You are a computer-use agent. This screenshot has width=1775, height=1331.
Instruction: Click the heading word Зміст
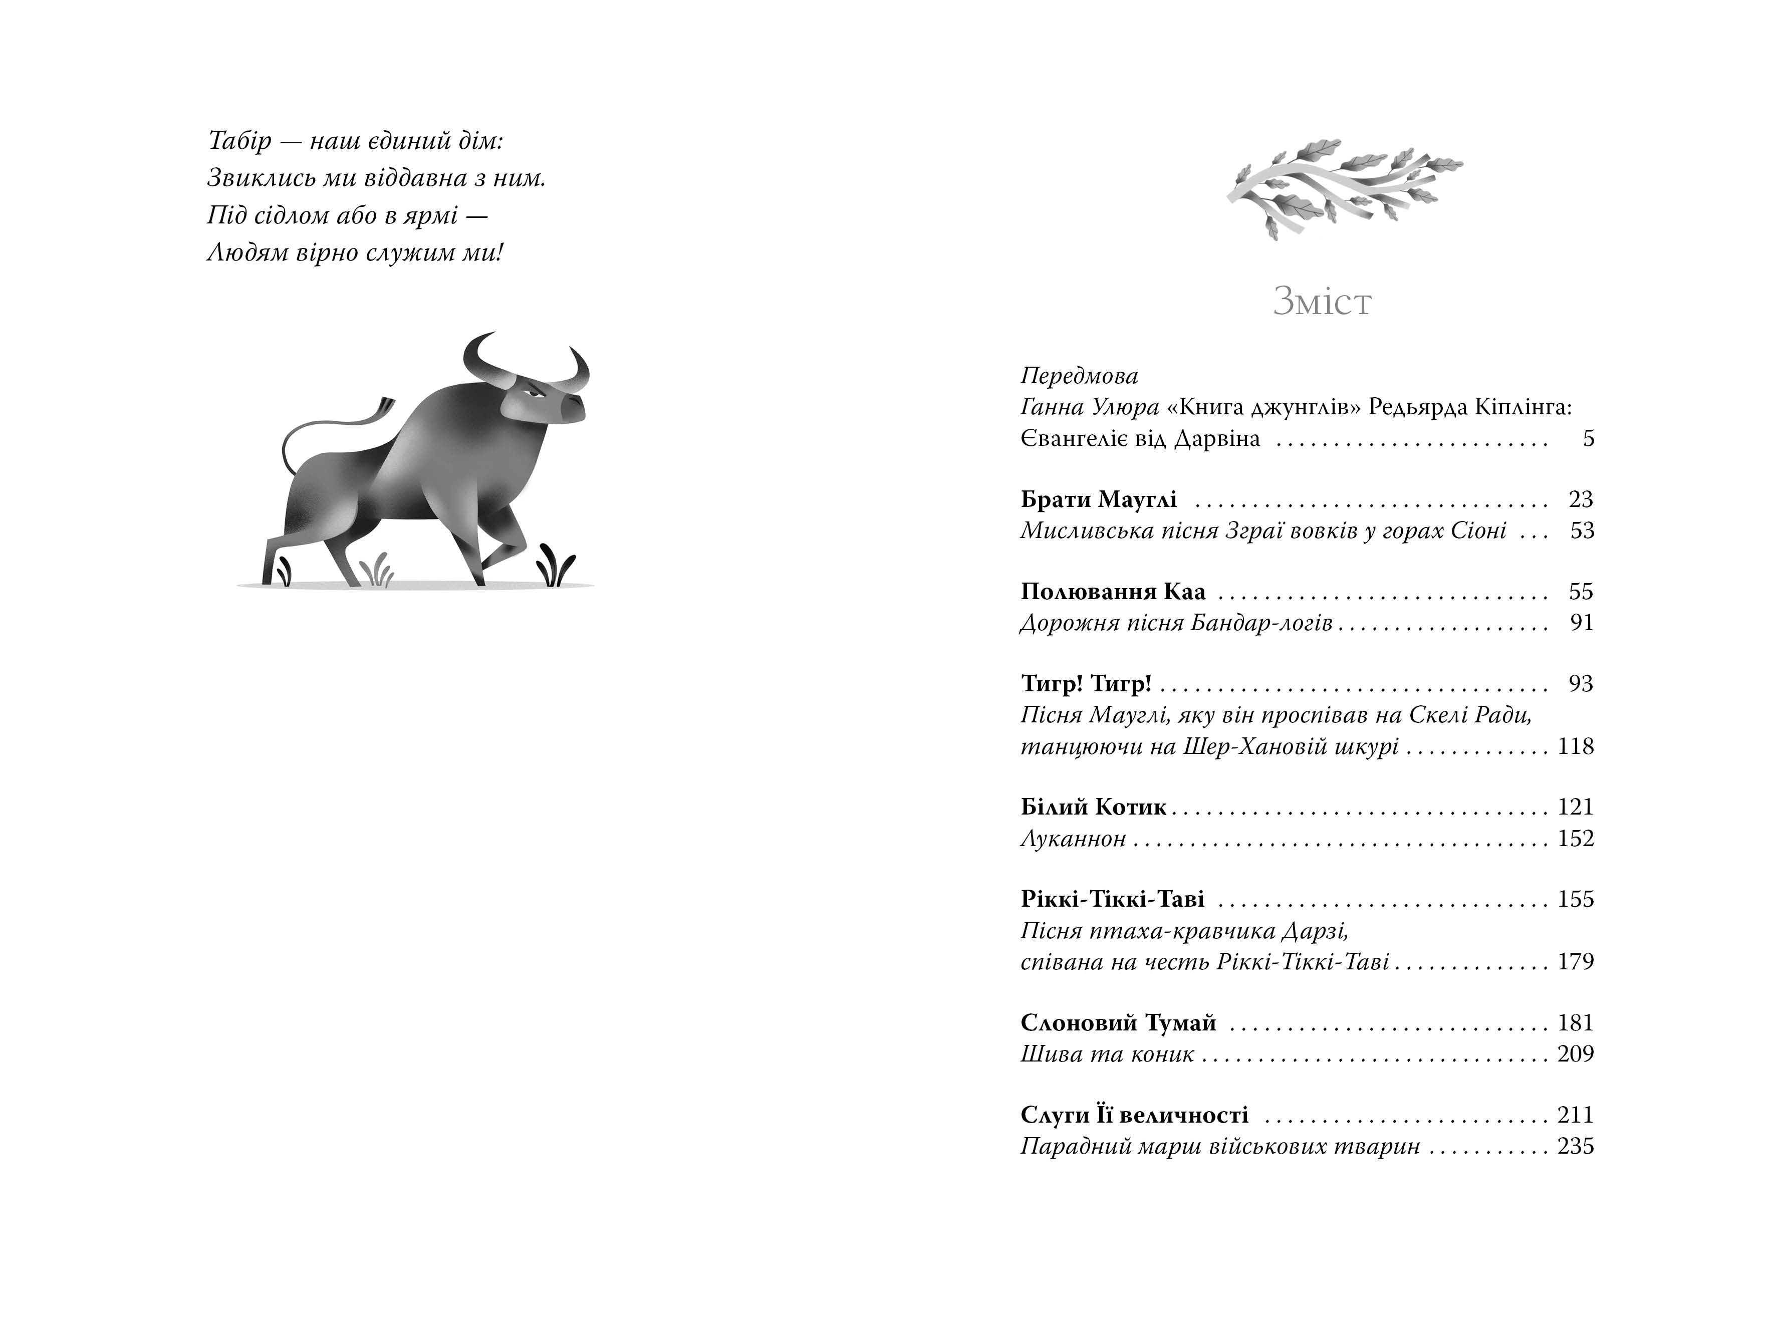coord(1322,302)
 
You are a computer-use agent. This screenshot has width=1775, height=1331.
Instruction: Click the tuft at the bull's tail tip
coord(385,406)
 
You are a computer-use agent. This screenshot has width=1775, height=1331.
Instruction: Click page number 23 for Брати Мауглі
coord(1580,500)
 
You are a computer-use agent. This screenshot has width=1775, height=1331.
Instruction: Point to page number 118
coord(1575,747)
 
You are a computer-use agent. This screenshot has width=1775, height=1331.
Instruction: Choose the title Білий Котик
coord(1093,807)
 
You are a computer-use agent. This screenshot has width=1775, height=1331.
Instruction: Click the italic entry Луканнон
coord(1073,839)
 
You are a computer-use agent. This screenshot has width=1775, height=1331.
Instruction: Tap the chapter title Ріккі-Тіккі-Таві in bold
coord(1112,899)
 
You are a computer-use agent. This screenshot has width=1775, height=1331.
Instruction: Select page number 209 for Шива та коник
coord(1575,1053)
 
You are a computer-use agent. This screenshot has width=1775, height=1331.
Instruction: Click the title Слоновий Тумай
coord(1118,1023)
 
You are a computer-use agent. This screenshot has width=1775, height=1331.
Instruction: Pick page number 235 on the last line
coord(1575,1147)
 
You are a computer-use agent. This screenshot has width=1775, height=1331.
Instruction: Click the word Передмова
coord(1079,376)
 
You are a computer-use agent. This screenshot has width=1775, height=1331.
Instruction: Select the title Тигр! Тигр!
coord(1086,684)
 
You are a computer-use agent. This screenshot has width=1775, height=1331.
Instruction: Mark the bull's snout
coord(573,408)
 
